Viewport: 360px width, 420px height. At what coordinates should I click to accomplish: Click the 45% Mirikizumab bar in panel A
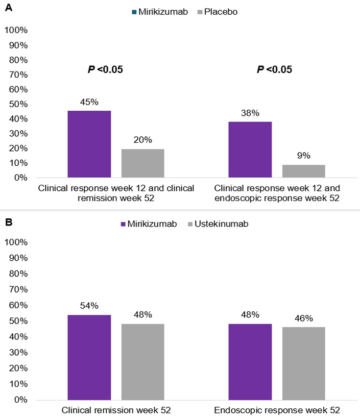pos(89,144)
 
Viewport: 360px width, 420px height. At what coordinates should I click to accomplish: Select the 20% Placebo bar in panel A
pos(142,163)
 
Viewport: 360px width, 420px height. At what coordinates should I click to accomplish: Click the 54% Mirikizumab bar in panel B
pos(89,357)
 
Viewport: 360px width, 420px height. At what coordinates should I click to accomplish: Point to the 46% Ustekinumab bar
pos(303,363)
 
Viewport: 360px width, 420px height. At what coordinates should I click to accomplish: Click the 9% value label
pos(303,156)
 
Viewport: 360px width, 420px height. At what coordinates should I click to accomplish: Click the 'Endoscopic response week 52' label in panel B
pos(276,410)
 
